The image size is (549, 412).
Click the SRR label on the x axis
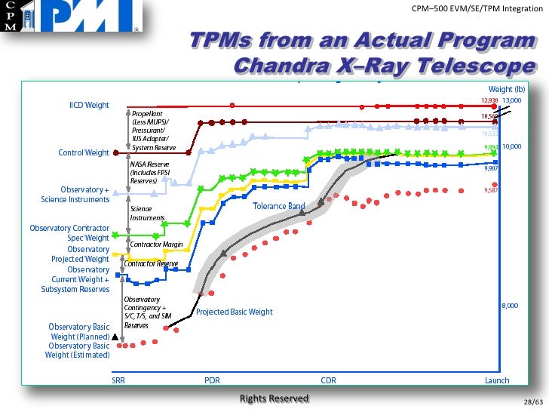pyautogui.click(x=118, y=380)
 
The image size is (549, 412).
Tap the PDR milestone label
pyautogui.click(x=213, y=380)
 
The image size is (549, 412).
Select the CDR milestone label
pyautogui.click(x=328, y=380)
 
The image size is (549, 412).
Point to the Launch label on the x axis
pyautogui.click(x=497, y=380)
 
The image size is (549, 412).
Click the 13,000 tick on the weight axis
pyautogui.click(x=513, y=100)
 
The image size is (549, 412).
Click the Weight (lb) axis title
pyautogui.click(x=506, y=90)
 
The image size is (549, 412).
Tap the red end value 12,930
pyautogui.click(x=489, y=100)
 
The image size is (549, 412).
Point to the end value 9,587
pyautogui.click(x=490, y=191)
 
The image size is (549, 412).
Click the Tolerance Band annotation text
pyautogui.click(x=279, y=206)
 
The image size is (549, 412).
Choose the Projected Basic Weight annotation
pyautogui.click(x=235, y=312)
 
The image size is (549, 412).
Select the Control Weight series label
pyautogui.click(x=84, y=152)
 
